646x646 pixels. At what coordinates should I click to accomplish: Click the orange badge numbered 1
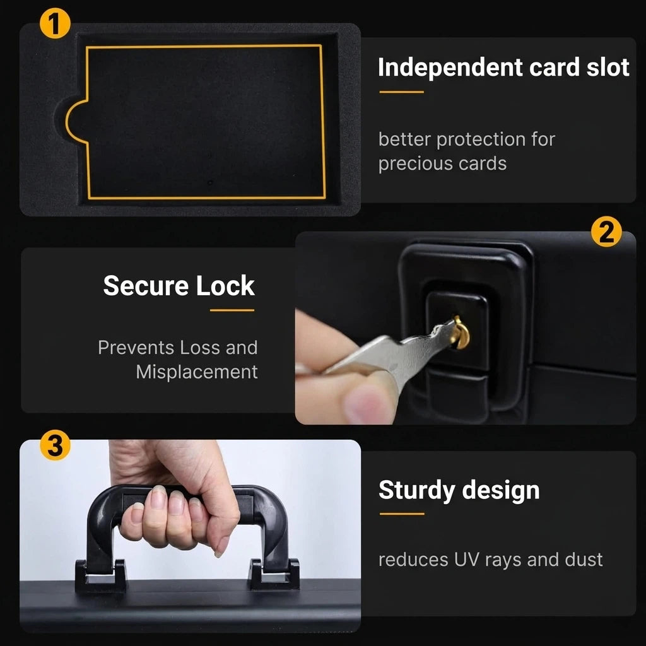(x=56, y=23)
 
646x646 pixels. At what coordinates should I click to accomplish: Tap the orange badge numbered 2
(x=606, y=232)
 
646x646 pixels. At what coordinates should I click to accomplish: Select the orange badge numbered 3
(x=56, y=445)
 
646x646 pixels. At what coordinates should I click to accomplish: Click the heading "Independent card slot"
(x=503, y=68)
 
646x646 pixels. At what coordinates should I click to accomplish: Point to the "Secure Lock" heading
(x=179, y=286)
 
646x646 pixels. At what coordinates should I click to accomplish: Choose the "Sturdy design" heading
(x=459, y=490)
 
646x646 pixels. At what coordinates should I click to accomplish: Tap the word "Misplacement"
(x=197, y=372)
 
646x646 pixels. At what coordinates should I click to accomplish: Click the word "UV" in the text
(x=467, y=560)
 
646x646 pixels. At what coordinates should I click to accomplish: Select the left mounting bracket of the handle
(x=100, y=575)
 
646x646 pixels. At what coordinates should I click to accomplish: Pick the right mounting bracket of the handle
(x=274, y=574)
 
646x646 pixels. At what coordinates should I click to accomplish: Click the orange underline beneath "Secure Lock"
(x=232, y=310)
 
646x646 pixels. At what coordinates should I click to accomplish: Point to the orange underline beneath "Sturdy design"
(x=402, y=514)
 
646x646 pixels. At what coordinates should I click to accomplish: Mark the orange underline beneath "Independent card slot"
(x=402, y=92)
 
